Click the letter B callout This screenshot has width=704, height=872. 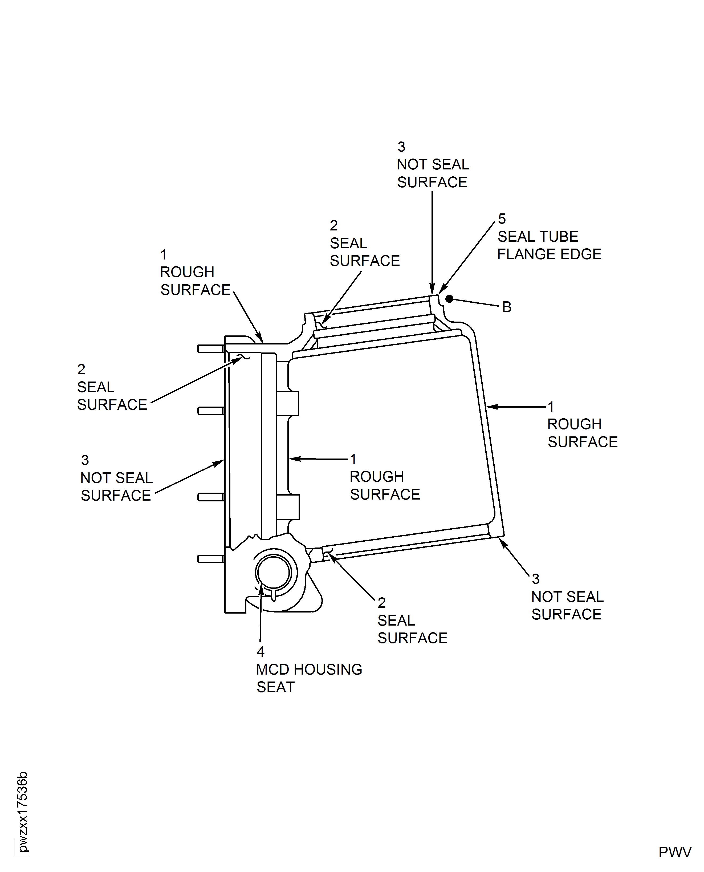pyautogui.click(x=507, y=307)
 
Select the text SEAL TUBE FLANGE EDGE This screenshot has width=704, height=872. pyautogui.click(x=549, y=245)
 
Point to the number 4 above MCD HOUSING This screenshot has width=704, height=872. pyautogui.click(x=260, y=652)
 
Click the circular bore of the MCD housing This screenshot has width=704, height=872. pyautogui.click(x=273, y=573)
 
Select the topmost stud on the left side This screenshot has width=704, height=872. pyautogui.click(x=210, y=349)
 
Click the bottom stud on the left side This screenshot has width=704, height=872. pyautogui.click(x=210, y=559)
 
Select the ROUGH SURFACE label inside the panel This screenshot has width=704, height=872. pyautogui.click(x=384, y=485)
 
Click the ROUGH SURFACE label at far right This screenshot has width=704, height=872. pyautogui.click(x=582, y=433)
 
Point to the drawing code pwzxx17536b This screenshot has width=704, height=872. pyautogui.click(x=22, y=812)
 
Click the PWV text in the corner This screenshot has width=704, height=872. pyautogui.click(x=674, y=852)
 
